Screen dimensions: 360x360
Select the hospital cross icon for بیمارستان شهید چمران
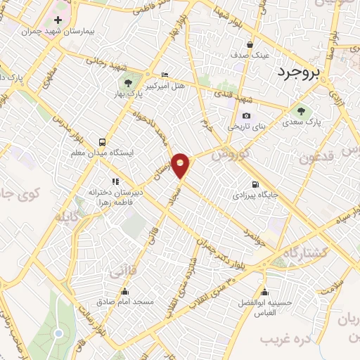58,20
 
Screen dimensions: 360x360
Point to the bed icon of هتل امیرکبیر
165,75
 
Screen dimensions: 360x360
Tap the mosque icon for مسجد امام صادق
125,291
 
